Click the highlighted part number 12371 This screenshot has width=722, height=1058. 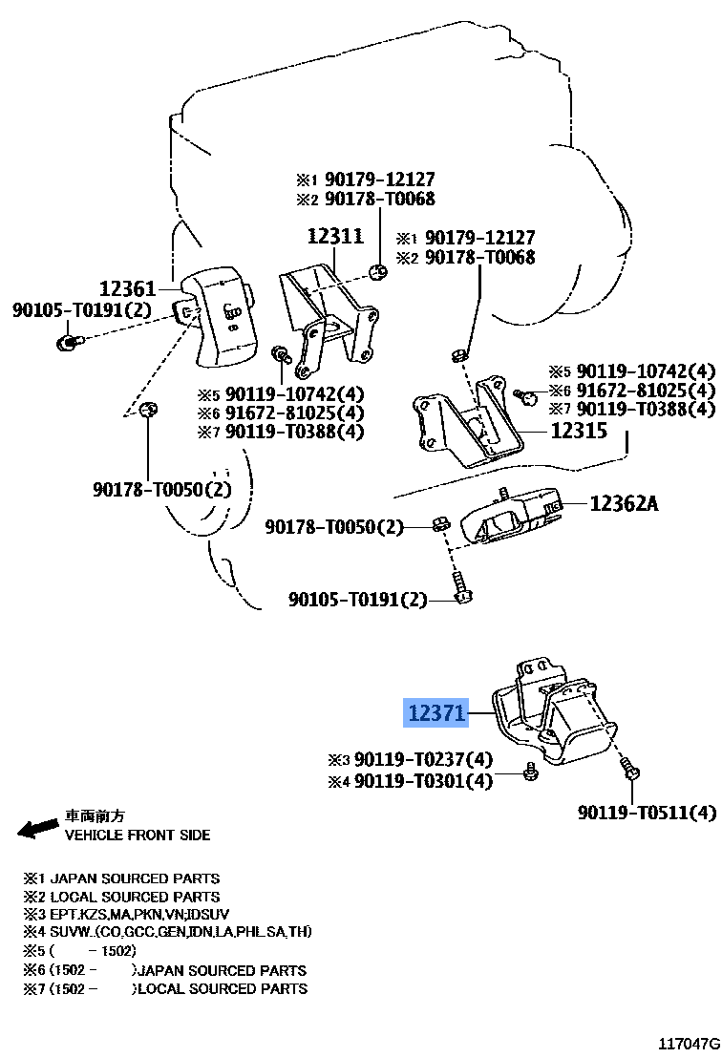pyautogui.click(x=436, y=712)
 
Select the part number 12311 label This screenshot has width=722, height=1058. pyautogui.click(x=334, y=236)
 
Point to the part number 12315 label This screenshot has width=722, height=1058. pyautogui.click(x=579, y=431)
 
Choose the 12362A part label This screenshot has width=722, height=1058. pyautogui.click(x=624, y=502)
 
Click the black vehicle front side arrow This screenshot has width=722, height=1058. pyautogui.click(x=38, y=828)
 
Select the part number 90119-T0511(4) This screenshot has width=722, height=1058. pyautogui.click(x=647, y=813)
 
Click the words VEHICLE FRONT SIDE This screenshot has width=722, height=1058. pyautogui.click(x=138, y=835)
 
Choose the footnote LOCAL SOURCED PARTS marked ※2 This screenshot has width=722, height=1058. pyautogui.click(x=134, y=897)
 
